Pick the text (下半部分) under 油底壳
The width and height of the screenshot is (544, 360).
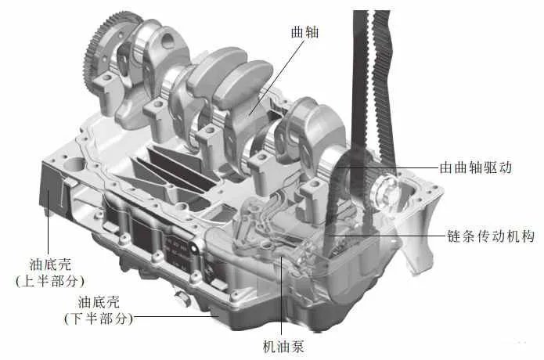pos(98,319)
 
